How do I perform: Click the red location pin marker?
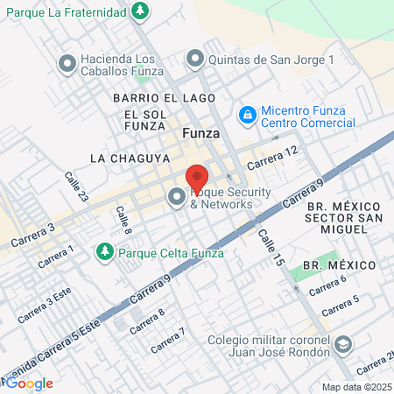coord(197,178)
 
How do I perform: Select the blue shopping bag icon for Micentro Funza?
coord(248,115)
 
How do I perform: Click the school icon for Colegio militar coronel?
coord(345,343)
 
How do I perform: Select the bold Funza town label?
coord(201,133)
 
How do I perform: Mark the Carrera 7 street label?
coord(167,341)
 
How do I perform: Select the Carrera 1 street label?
coord(56,257)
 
